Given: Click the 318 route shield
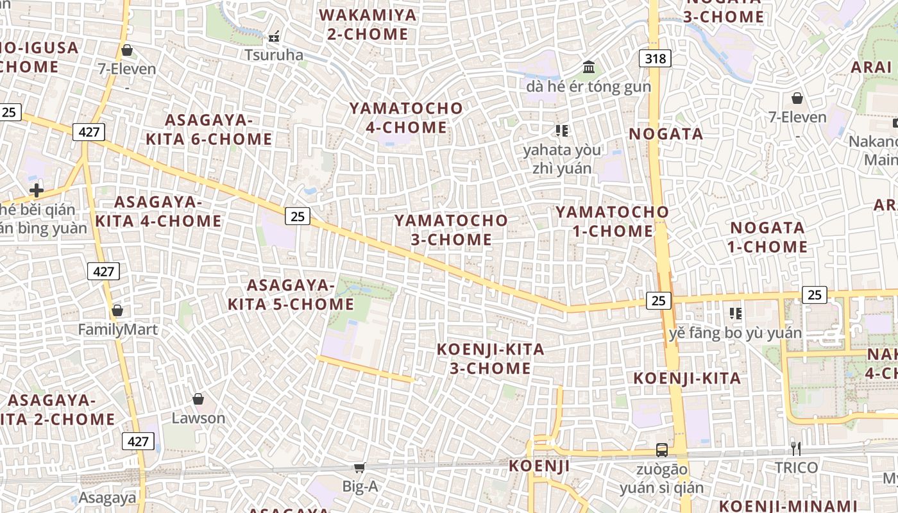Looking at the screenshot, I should tap(655, 59).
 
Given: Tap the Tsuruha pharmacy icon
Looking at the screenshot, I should tap(274, 37).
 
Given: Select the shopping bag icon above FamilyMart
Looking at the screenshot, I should tap(117, 311).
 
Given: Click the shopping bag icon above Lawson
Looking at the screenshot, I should tap(198, 399).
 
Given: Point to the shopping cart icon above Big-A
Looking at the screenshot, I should tap(359, 468).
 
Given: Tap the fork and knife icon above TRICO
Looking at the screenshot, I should tap(795, 448).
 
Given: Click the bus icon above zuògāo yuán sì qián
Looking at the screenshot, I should tap(661, 450).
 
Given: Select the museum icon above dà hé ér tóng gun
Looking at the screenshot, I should tap(588, 67).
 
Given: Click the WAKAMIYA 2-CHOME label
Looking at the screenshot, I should tap(368, 24).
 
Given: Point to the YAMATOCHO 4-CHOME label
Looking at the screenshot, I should tap(406, 117).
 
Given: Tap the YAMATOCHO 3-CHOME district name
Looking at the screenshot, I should tap(451, 230).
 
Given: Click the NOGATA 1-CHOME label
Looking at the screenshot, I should tap(767, 237).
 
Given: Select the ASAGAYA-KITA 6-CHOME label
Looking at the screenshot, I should tap(209, 130).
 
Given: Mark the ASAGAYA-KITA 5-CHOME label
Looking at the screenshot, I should tap(291, 294).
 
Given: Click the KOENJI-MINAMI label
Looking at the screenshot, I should tap(788, 505).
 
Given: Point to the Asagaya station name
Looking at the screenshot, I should tap(107, 498).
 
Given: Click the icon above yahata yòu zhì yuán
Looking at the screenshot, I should tap(562, 131).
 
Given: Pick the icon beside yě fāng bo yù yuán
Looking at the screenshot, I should tap(736, 314).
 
